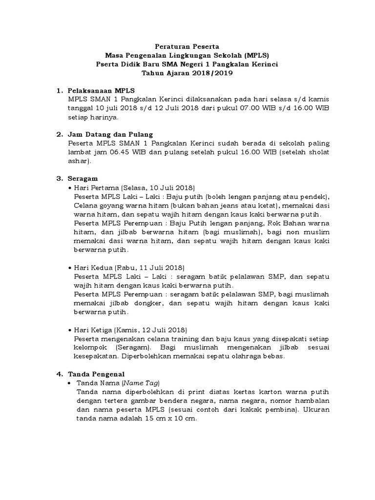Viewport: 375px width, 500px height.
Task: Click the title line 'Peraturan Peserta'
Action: pos(188,47)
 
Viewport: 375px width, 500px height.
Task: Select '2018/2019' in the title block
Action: pos(212,74)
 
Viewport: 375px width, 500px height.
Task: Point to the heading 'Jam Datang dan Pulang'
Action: pos(111,134)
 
